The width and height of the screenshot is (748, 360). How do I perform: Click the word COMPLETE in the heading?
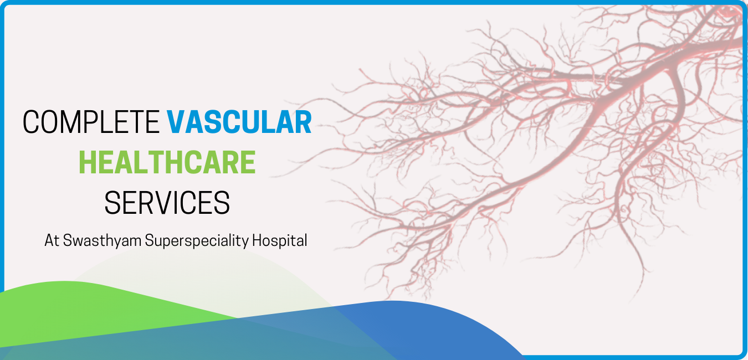(x=91, y=122)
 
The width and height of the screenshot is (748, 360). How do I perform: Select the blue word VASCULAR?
(x=239, y=122)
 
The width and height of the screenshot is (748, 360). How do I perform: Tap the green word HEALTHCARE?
(x=167, y=162)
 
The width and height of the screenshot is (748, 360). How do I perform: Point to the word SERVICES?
(x=167, y=203)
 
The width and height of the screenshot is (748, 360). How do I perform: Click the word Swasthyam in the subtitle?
(x=102, y=241)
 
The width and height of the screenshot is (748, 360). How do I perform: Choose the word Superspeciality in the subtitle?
(x=197, y=241)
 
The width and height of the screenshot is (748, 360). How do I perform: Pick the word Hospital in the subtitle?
(x=279, y=241)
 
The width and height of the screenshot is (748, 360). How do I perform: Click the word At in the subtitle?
(x=52, y=240)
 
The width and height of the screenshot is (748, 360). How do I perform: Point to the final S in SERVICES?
(x=222, y=203)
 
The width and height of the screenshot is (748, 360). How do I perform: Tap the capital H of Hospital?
(x=256, y=240)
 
